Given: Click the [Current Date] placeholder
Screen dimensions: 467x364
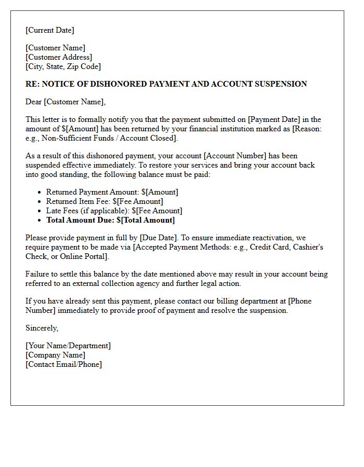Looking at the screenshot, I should point(50,30).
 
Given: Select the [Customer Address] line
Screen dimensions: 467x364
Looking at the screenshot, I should point(59,57).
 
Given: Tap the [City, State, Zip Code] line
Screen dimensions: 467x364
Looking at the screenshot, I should point(63,66).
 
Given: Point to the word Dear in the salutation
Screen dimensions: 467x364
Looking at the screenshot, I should point(34,102).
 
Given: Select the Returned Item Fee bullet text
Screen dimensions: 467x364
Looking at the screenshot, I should point(105,201).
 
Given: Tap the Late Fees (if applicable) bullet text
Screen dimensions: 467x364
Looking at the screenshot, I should point(114,211).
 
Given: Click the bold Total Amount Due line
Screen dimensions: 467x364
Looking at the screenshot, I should point(110,220).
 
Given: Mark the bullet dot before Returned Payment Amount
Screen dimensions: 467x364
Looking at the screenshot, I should point(40,193).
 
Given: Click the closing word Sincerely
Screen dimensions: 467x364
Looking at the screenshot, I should point(42,328).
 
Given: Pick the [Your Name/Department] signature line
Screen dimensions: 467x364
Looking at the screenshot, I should point(68,346).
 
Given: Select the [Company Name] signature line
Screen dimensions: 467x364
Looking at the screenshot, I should point(56,355).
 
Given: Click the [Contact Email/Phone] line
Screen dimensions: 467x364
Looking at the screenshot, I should point(63,364).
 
